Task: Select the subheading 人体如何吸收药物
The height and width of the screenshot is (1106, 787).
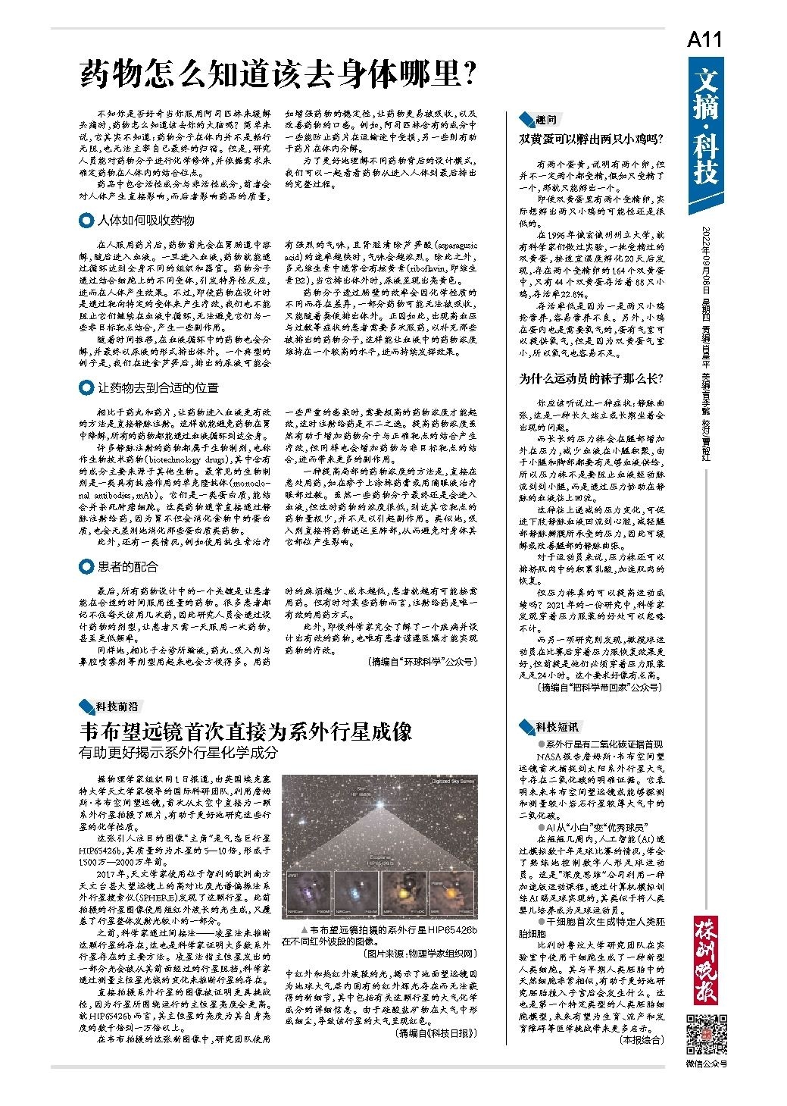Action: [145, 220]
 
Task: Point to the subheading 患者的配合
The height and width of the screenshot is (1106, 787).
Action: [128, 566]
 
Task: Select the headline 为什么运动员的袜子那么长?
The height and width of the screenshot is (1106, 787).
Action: [591, 378]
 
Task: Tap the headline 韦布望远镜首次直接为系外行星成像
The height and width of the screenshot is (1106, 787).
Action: [246, 732]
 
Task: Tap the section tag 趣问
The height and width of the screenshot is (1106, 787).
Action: [545, 120]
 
